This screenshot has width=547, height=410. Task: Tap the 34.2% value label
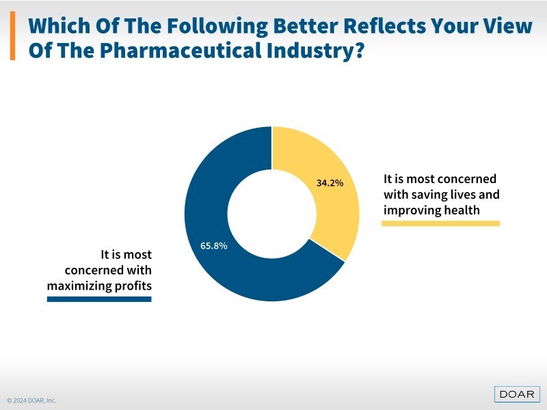pos(330,183)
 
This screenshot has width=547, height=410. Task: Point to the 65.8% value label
pos(214,245)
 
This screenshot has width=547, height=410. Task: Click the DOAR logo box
pos(517,394)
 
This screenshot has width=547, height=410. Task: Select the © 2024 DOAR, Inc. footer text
pos(32,400)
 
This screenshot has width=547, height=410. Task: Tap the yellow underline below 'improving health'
pos(440,223)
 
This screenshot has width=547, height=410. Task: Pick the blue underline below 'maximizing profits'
pos(99,299)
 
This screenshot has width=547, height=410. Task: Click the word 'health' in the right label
pos(462,210)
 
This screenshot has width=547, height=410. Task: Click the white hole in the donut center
pos(271,214)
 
